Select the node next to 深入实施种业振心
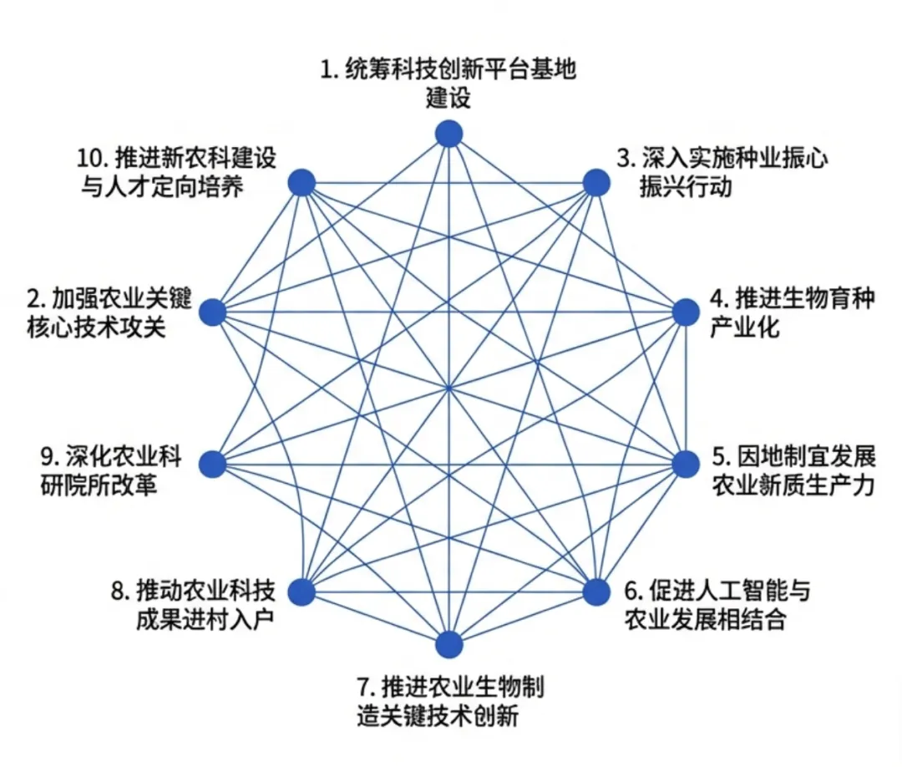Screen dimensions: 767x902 coord(595,182)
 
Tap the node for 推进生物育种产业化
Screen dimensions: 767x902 coord(686,312)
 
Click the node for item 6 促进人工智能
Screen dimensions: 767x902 coord(595,592)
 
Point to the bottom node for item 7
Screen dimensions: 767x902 coord(449,644)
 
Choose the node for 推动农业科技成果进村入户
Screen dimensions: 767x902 coord(302,592)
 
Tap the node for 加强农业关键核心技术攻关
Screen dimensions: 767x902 coord(214,312)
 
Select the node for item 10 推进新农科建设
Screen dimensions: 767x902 coord(302,182)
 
